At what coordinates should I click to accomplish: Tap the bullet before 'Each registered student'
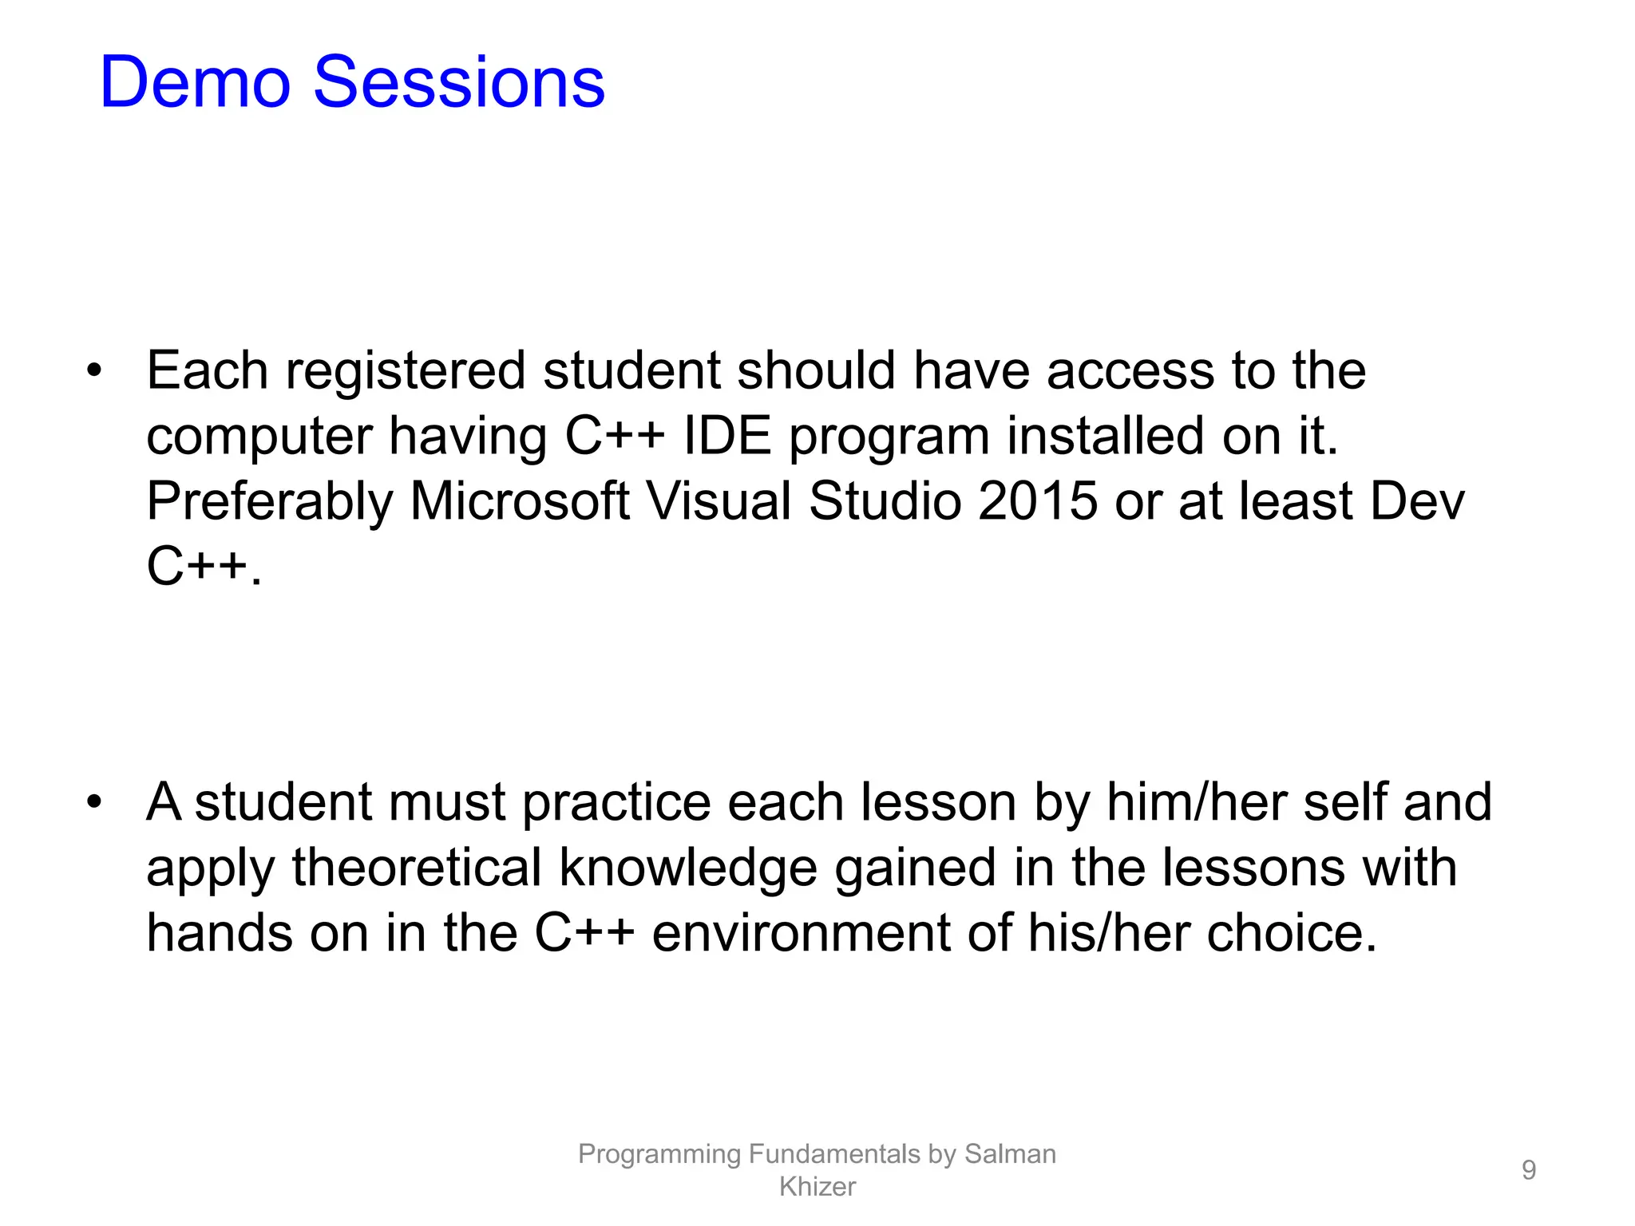click(95, 371)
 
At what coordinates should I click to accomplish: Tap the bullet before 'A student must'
click(95, 802)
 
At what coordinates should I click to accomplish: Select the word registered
click(406, 373)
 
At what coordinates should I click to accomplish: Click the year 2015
click(1037, 502)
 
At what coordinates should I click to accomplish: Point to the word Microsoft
click(519, 502)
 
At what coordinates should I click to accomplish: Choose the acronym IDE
click(727, 437)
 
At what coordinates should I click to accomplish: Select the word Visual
click(718, 502)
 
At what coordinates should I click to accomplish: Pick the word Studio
click(885, 502)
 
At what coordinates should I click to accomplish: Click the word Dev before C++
click(1417, 502)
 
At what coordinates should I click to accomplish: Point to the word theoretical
click(416, 868)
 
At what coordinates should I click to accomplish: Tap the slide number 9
click(1528, 1170)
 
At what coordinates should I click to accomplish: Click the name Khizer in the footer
click(817, 1187)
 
